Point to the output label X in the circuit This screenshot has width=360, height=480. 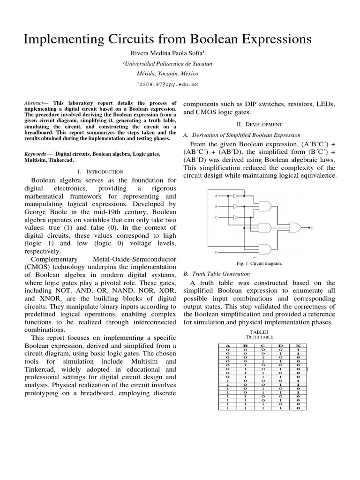(x=312, y=228)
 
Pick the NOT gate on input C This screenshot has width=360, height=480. (x=237, y=217)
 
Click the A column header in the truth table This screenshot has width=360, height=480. (x=228, y=345)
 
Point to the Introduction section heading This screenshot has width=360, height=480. (x=103, y=172)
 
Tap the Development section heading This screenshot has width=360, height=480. (x=259, y=124)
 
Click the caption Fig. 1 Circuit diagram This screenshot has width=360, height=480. (x=259, y=263)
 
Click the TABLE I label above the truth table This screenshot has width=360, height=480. (x=259, y=332)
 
